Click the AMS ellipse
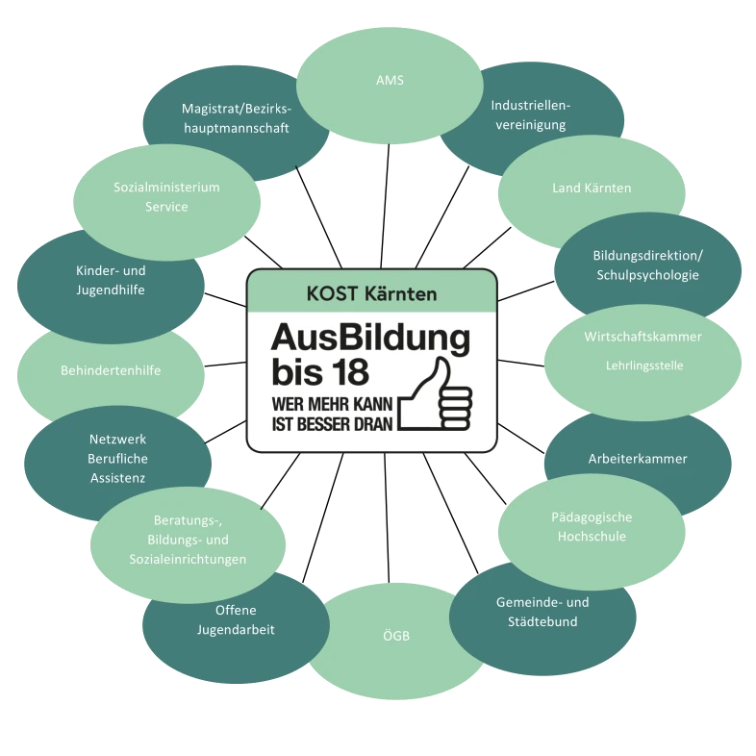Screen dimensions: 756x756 tap(390, 81)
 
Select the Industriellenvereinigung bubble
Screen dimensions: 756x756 tap(529, 114)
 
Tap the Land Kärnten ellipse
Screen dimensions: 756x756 tap(592, 188)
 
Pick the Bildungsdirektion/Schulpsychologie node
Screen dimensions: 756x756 tap(647, 265)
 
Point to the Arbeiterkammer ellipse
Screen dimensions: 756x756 tap(638, 459)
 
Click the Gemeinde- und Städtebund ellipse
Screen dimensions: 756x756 tap(542, 612)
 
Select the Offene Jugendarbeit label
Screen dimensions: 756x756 tap(236, 620)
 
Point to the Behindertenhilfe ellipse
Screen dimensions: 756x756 tap(111, 370)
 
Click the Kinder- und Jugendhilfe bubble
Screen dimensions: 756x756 tap(111, 280)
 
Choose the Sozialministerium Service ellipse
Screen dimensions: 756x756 tap(166, 197)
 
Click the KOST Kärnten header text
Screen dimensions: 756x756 tap(371, 291)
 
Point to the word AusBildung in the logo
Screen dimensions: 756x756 tap(370, 338)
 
